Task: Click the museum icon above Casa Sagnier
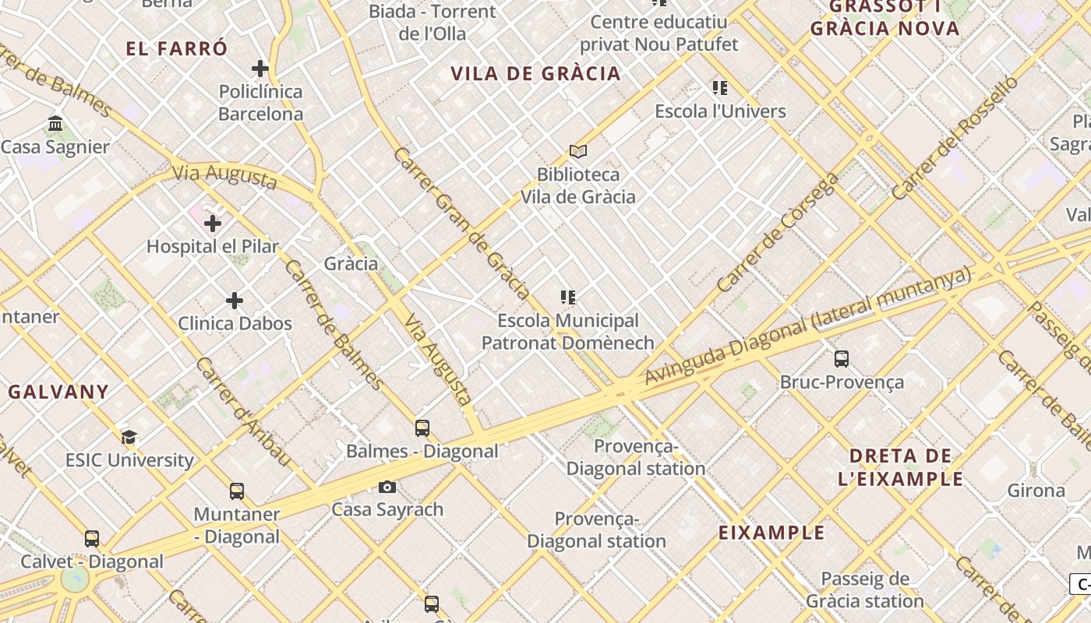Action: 55,124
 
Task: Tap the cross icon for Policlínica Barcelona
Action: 260,69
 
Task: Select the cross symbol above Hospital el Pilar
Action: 213,224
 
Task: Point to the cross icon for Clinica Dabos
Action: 235,301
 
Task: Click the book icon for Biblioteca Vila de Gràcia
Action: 577,151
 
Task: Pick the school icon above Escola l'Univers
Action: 720,88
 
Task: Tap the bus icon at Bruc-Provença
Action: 842,359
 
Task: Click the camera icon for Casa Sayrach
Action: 387,487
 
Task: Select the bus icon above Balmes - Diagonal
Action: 422,428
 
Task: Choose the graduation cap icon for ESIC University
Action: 129,438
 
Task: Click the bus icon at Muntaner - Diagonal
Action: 237,491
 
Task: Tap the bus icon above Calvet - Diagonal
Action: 92,539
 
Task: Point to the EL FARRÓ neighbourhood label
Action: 177,48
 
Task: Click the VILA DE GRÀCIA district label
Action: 535,74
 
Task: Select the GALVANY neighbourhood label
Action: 58,392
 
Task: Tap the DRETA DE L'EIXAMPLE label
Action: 901,467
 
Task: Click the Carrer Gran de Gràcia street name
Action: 462,223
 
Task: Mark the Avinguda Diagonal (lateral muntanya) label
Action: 808,325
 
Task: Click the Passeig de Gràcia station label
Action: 865,590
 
